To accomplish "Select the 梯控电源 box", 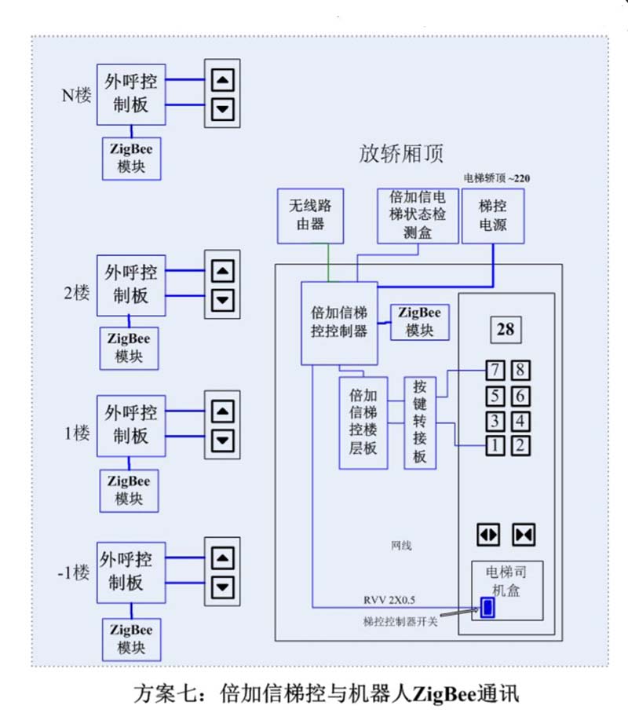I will [x=493, y=215].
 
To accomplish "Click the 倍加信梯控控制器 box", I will [x=339, y=322].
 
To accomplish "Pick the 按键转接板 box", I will [x=420, y=422].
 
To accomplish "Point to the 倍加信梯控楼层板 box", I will [x=362, y=422].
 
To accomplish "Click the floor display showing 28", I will [x=506, y=329].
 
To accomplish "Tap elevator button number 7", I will [x=495, y=370].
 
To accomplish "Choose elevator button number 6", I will [x=520, y=395].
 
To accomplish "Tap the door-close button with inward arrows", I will [x=523, y=535].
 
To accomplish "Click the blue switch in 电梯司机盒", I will [x=487, y=607].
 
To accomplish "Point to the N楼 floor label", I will [x=77, y=95].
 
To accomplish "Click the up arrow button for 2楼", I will [x=225, y=271].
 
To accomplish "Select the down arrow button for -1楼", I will [x=225, y=586].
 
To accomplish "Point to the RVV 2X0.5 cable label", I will [x=389, y=601].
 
